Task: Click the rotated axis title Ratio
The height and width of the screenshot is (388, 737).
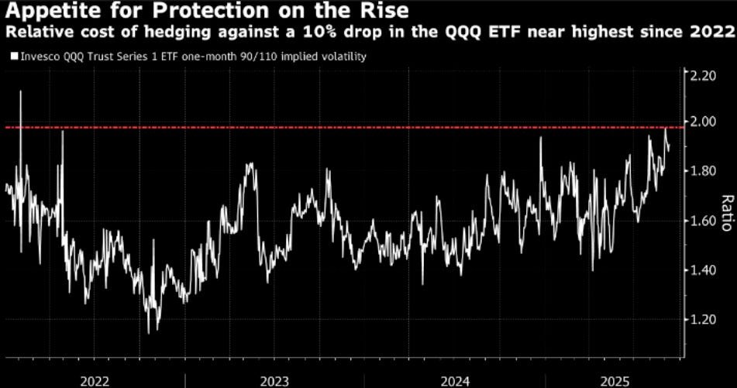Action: [726, 212]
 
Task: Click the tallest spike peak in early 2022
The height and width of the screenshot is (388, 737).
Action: [20, 91]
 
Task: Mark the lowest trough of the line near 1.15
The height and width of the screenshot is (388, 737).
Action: [148, 332]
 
